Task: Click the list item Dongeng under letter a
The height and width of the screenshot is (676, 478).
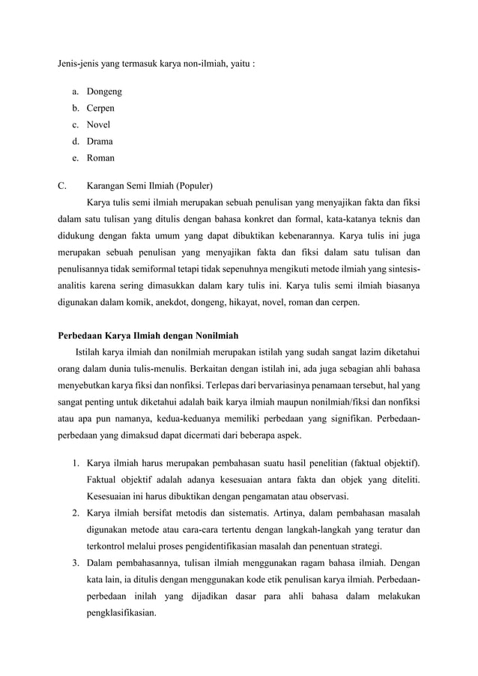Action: (104, 92)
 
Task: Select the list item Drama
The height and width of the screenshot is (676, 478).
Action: (100, 142)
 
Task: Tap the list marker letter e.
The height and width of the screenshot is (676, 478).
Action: (76, 158)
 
